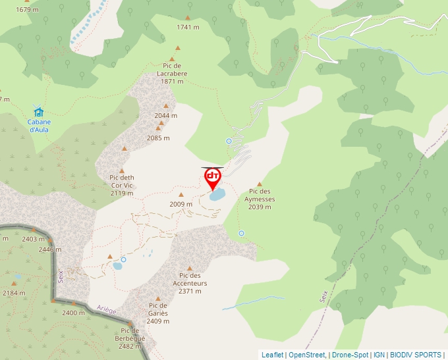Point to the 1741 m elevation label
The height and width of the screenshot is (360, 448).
tap(188, 27)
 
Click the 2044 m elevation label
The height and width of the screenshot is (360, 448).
tap(166, 116)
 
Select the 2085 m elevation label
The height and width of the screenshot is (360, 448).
tap(158, 138)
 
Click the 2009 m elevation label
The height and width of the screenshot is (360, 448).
tap(181, 204)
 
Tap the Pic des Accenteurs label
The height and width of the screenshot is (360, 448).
tap(190, 283)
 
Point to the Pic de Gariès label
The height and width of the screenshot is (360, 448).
tap(158, 309)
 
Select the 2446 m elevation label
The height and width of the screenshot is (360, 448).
tap(50, 249)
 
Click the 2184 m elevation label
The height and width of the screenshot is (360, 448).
tap(14, 293)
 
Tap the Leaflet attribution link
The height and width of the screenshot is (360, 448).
tap(272, 355)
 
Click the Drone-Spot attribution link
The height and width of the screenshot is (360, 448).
tap(351, 355)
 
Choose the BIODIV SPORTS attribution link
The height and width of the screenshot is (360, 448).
tap(416, 355)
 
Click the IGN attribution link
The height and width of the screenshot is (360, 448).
tap(379, 355)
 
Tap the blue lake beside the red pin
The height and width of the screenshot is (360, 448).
tap(217, 195)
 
